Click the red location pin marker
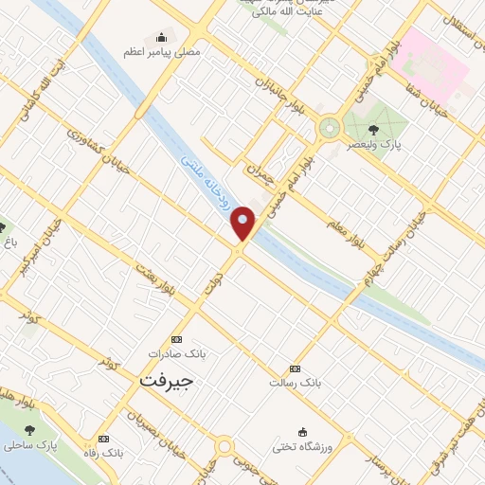pyautogui.click(x=243, y=224)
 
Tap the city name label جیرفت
pyautogui.click(x=166, y=381)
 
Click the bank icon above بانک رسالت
pyautogui.click(x=296, y=368)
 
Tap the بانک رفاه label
pyautogui.click(x=103, y=453)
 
